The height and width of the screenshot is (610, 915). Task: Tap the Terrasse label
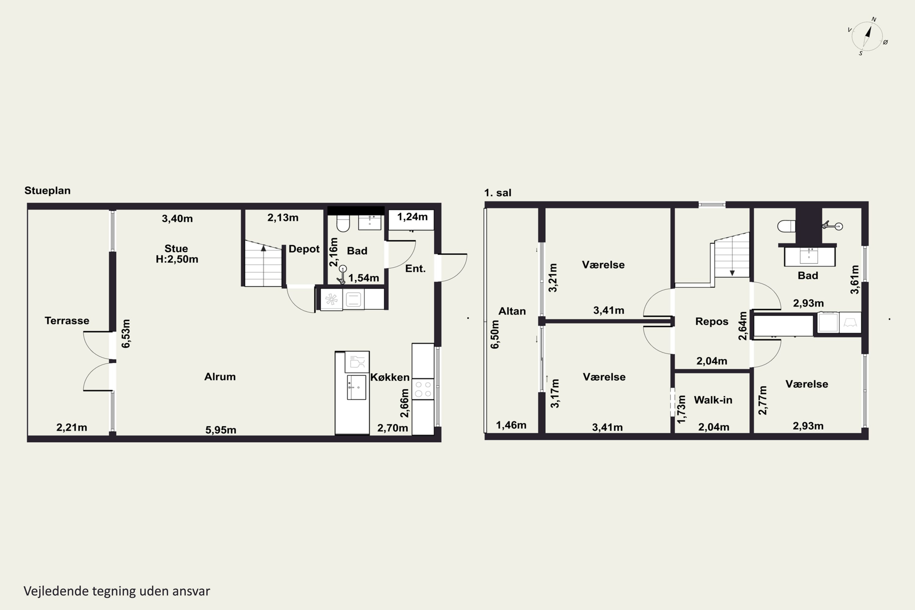[67, 321]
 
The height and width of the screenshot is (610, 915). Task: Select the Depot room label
[304, 249]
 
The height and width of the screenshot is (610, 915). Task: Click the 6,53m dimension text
[126, 333]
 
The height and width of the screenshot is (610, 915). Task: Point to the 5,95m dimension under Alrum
[221, 429]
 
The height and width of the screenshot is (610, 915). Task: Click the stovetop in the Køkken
[423, 389]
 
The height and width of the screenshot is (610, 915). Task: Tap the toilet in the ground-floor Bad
[343, 223]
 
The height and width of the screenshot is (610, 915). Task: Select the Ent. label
[415, 268]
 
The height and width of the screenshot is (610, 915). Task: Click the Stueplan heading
[48, 191]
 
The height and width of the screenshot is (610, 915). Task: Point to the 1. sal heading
[497, 192]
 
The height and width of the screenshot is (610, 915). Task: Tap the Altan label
[512, 311]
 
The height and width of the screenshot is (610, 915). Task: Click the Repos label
[712, 321]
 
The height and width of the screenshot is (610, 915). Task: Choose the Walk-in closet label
[713, 400]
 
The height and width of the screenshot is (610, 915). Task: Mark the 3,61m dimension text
[854, 279]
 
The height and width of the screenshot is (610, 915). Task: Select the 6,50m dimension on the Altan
[494, 334]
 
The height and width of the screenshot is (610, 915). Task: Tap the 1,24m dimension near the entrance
[412, 217]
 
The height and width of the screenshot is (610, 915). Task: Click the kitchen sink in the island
[356, 387]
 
